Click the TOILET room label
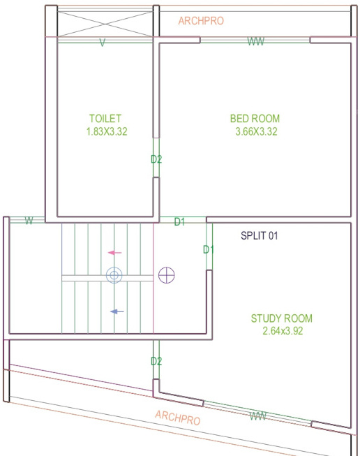pyautogui.click(x=105, y=119)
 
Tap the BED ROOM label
pyautogui.click(x=255, y=119)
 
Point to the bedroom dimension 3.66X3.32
pyautogui.click(x=257, y=131)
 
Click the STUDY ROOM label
pyautogui.click(x=281, y=318)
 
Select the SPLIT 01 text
pyautogui.click(x=260, y=236)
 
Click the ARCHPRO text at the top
pyautogui.click(x=201, y=21)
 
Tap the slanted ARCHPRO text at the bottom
pyautogui.click(x=177, y=418)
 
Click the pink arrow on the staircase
pyautogui.click(x=115, y=253)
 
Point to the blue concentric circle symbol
pyautogui.click(x=114, y=276)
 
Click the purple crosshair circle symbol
pyautogui.click(x=166, y=276)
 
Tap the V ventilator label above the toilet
pyautogui.click(x=103, y=43)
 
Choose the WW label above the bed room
pyautogui.click(x=256, y=43)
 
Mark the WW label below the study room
pyautogui.click(x=258, y=417)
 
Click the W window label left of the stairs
pyautogui.click(x=29, y=221)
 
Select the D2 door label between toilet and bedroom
pyautogui.click(x=156, y=159)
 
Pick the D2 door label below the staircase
pyautogui.click(x=156, y=361)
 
